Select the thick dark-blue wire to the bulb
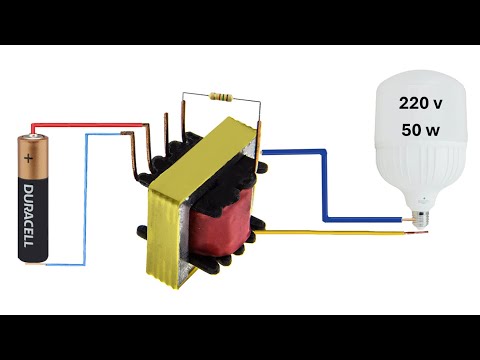point(325,190)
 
